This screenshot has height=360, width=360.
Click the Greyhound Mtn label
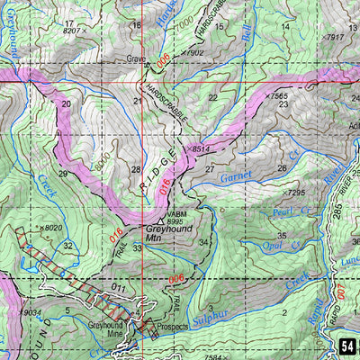(164, 236)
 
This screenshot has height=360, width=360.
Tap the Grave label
(136, 61)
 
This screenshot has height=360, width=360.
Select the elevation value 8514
(199, 150)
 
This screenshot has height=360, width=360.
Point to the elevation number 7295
(296, 193)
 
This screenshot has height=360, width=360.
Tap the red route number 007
(341, 291)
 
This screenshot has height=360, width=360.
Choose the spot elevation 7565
(279, 95)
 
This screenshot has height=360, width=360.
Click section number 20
(65, 104)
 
